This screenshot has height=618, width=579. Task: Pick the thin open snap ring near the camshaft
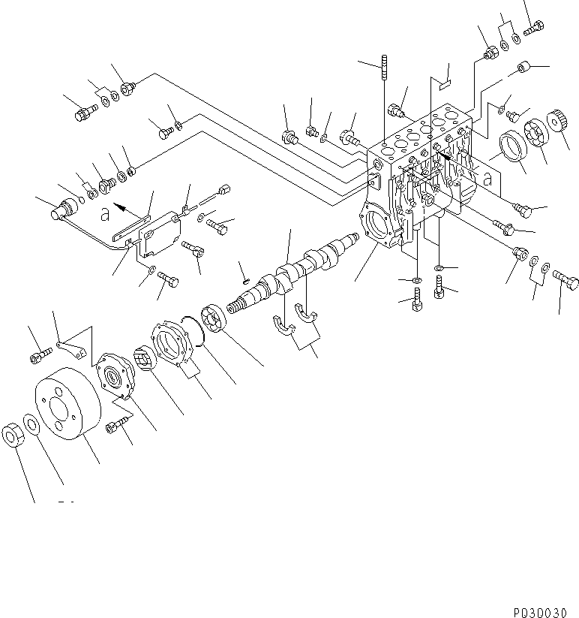(x=200, y=334)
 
